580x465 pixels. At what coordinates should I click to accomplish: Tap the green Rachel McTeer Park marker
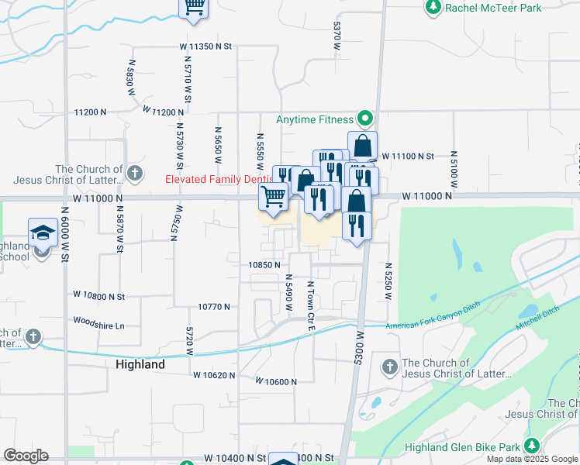pyautogui.click(x=433, y=8)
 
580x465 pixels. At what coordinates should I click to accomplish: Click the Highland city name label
pyautogui.click(x=140, y=364)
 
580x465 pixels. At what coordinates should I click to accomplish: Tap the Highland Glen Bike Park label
pyautogui.click(x=463, y=448)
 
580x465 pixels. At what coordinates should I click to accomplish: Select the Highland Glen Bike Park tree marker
pyautogui.click(x=531, y=446)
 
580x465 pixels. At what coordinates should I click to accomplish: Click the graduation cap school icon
pyautogui.click(x=43, y=232)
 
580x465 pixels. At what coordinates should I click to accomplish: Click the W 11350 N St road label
pyautogui.click(x=205, y=46)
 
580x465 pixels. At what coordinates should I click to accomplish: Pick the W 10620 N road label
pyautogui.click(x=214, y=375)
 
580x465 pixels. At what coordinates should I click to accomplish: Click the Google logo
pyautogui.click(x=26, y=456)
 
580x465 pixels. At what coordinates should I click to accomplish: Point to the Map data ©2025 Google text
pyautogui.click(x=532, y=459)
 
